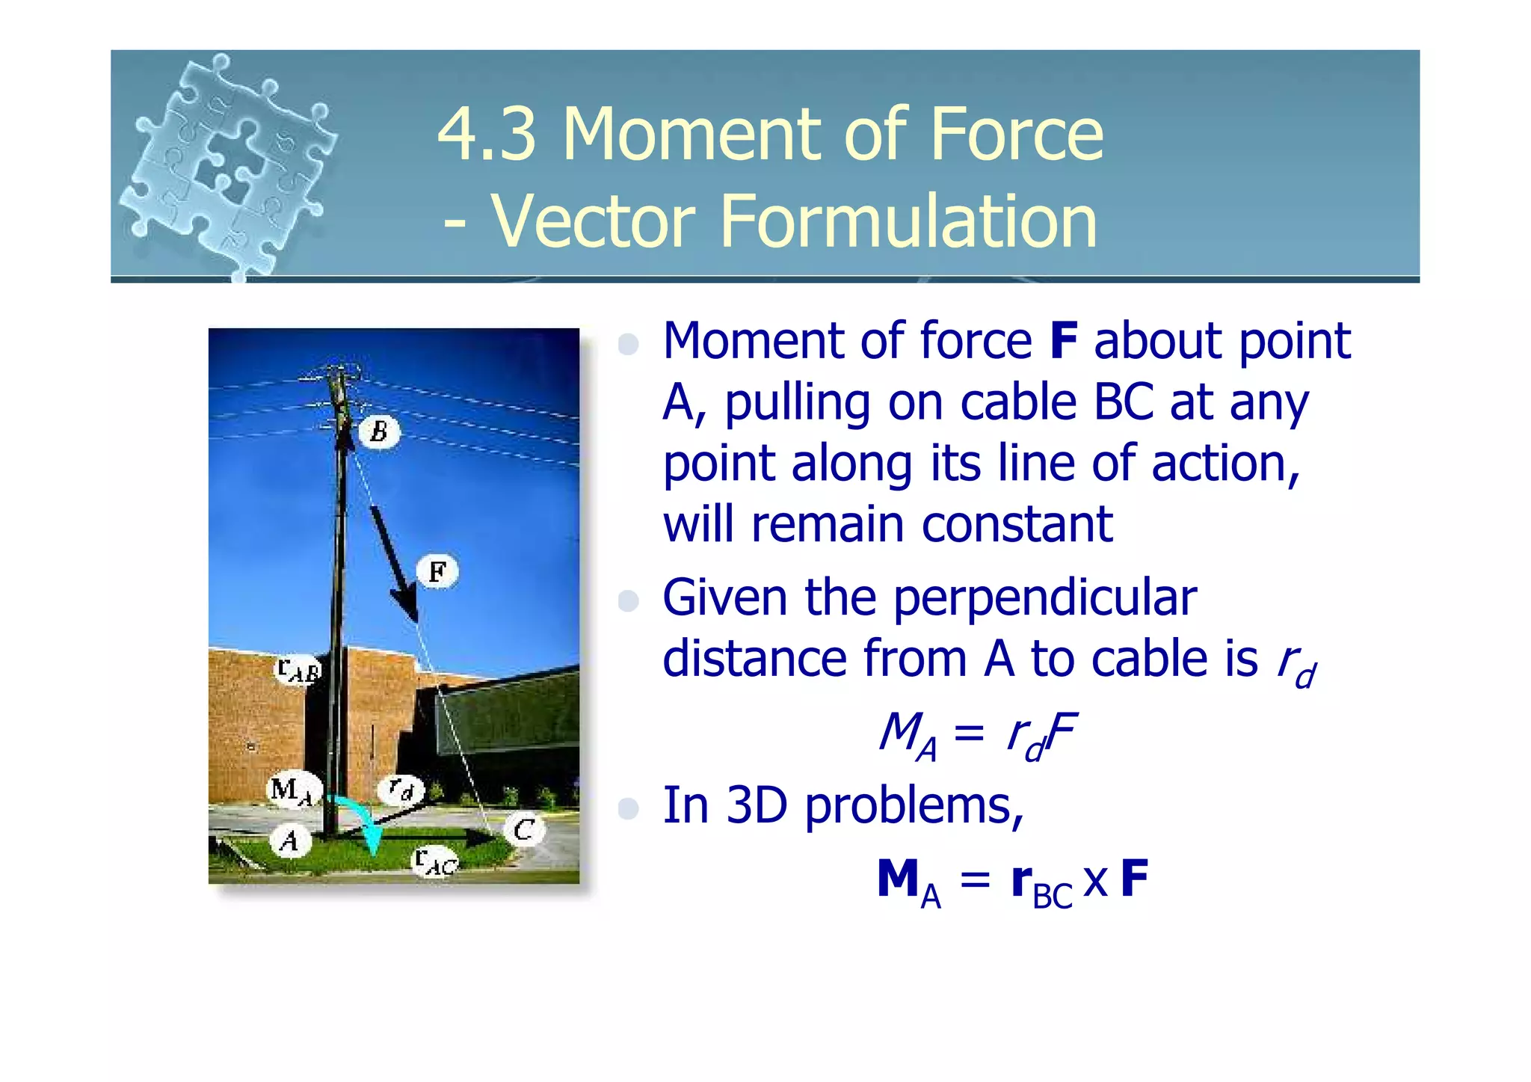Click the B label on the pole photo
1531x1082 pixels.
[x=380, y=431]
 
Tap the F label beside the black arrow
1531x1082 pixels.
[x=438, y=572]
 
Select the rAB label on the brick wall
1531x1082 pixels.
[x=298, y=670]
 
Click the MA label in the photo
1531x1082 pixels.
[x=292, y=790]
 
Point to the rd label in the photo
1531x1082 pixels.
[x=401, y=789]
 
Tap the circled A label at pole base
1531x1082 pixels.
[x=290, y=840]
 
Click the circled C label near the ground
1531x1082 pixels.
[x=524, y=829]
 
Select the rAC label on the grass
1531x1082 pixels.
[x=436, y=861]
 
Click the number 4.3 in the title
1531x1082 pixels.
[x=487, y=135]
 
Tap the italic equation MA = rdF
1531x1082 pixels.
[x=977, y=734]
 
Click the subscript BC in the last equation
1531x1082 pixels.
[x=1053, y=896]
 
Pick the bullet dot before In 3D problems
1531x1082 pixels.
[x=629, y=808]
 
